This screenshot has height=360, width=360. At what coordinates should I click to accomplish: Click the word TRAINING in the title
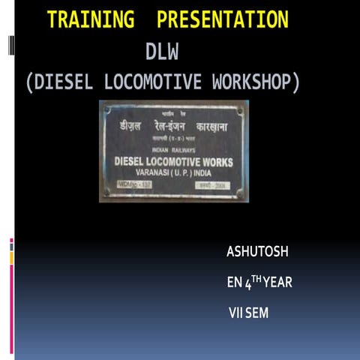pos(91,20)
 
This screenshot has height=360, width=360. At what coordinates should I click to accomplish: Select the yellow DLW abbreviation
pos(163,52)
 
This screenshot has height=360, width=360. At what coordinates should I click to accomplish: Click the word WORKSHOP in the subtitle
pos(252,82)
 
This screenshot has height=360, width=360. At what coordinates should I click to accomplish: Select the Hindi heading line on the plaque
pos(173,126)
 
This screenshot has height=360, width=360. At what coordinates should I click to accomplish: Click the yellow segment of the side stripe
pos(11,257)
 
